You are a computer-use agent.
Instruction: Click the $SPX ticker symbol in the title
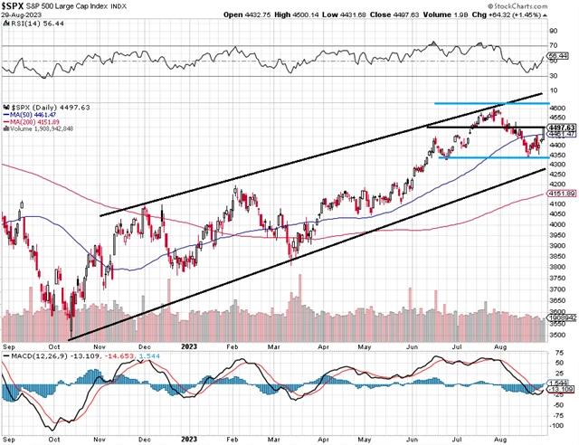pos(16,6)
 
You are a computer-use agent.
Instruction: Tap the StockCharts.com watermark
pos(542,6)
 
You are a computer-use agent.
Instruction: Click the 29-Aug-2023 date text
pos(22,16)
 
